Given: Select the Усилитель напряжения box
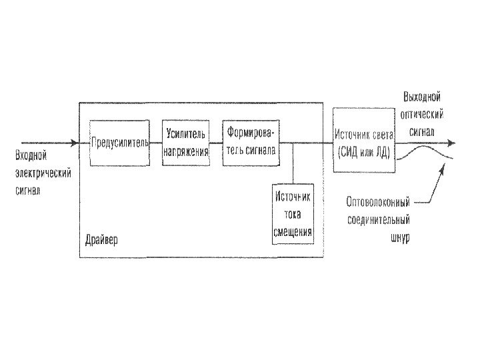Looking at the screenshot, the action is pyautogui.click(x=186, y=142).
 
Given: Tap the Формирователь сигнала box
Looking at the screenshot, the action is pyautogui.click(x=251, y=142).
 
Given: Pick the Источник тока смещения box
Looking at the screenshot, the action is pyautogui.click(x=293, y=214).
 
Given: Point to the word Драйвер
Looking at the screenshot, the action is pyautogui.click(x=101, y=239).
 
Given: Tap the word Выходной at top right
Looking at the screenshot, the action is pyautogui.click(x=422, y=97).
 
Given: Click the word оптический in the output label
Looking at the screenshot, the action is pyautogui.click(x=422, y=115).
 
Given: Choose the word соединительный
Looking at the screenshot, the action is pyautogui.click(x=378, y=219).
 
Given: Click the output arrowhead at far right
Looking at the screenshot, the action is pyautogui.click(x=452, y=143).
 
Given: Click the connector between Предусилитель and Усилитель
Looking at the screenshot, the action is pyautogui.click(x=155, y=143).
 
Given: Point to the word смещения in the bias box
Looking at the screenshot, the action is pyautogui.click(x=293, y=233).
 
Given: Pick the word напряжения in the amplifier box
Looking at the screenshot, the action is pyautogui.click(x=186, y=151).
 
